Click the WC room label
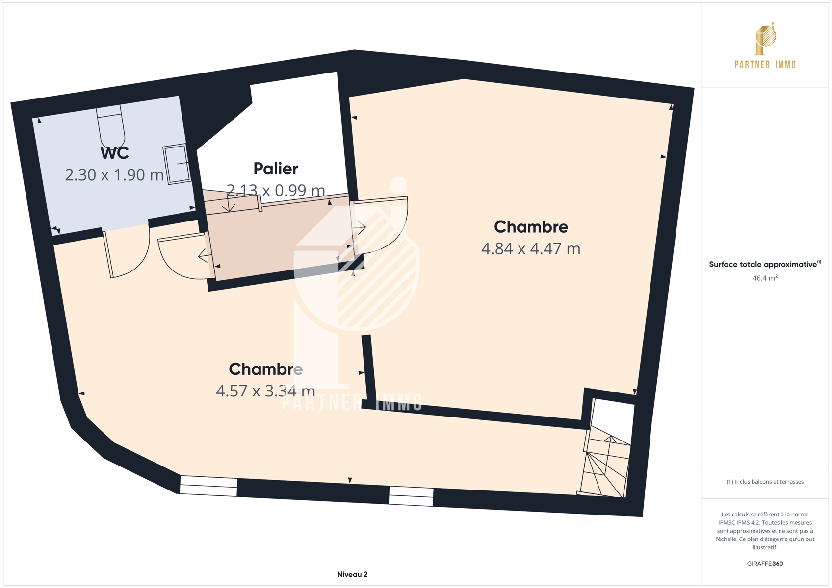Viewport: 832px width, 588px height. pos(114,153)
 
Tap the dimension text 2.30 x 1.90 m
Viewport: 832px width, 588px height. pos(114,175)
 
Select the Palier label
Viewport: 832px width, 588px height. pos(276,169)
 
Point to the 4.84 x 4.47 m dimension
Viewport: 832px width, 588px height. pos(531,248)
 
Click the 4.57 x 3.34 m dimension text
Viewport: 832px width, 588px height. pos(265,391)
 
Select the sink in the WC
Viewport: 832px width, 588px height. pos(177,164)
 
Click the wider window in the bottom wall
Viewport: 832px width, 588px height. pos(208,486)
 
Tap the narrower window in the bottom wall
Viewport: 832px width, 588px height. pos(411,496)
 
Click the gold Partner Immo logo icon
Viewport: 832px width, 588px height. pos(765,39)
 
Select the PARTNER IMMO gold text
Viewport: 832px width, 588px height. pos(765,65)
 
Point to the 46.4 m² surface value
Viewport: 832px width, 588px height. pos(765,278)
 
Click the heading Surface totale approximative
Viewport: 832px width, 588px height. pos(763,264)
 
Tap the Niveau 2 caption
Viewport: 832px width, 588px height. pos(352,574)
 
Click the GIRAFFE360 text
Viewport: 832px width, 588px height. pos(765,563)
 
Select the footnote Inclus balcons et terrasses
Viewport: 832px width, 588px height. pos(765,482)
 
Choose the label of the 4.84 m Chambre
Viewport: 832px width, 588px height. pos(531,227)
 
